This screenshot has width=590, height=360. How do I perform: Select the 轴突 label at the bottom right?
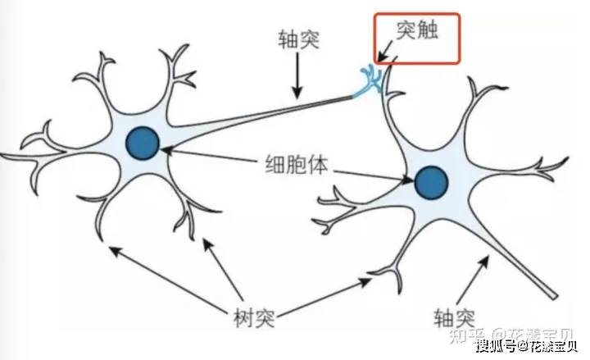click(456, 316)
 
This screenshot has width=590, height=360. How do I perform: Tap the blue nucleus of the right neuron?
click(431, 182)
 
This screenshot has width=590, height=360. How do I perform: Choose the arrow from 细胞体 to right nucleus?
click(369, 172)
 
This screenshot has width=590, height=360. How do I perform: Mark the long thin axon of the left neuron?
click(270, 115)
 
